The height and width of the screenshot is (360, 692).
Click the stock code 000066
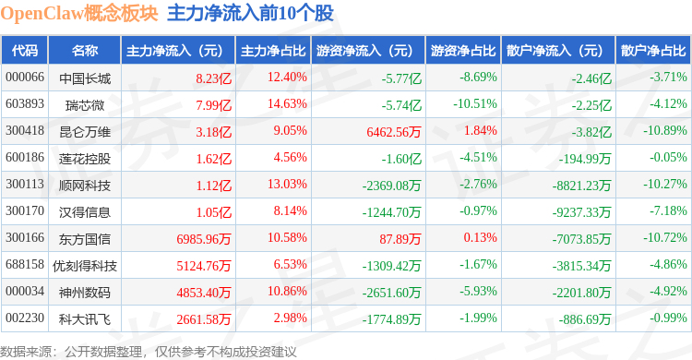point(25,78)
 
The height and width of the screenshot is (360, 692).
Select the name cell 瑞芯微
point(85,105)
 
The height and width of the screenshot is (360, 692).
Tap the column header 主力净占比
point(273,51)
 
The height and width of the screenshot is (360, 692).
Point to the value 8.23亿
point(214,78)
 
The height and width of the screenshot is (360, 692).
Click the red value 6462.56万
point(394,132)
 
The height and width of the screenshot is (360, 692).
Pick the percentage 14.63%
point(287,103)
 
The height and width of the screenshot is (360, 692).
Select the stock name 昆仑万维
point(85,132)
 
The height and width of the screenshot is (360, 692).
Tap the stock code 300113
point(25,185)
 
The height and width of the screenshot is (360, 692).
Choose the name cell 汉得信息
point(85,212)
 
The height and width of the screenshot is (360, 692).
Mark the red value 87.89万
point(400,239)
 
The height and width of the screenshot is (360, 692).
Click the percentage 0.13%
point(480,237)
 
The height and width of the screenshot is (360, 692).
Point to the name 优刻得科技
point(85,266)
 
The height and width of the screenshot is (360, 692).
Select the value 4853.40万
point(204,293)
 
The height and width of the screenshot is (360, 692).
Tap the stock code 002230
point(25,318)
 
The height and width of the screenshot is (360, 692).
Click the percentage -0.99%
point(668,318)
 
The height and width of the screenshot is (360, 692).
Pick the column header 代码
point(25,51)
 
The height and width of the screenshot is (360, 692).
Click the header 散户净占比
point(653,51)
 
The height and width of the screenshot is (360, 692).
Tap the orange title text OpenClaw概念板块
point(79,13)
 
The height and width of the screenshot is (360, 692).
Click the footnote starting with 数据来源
point(149,352)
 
